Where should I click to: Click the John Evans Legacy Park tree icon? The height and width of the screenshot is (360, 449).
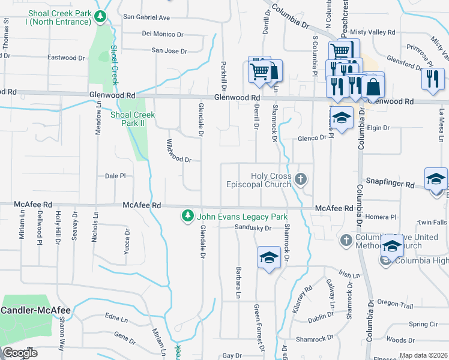click(x=188, y=215)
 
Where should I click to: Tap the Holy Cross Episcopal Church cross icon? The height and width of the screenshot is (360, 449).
click(x=301, y=179)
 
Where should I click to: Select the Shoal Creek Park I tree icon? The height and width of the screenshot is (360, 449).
click(x=102, y=17)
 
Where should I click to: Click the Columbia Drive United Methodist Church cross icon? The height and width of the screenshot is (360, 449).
click(x=346, y=240)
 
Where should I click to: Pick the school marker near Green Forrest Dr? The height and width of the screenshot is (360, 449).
click(x=269, y=258)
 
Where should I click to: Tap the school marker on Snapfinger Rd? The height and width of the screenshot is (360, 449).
click(x=436, y=179)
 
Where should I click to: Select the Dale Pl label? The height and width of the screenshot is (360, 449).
click(x=115, y=176)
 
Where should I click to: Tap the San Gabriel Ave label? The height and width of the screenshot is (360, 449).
click(x=146, y=17)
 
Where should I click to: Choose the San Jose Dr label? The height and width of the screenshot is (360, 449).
click(x=170, y=51)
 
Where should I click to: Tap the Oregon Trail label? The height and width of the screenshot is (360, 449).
click(x=395, y=306)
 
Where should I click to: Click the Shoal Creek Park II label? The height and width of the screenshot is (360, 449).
click(x=133, y=119)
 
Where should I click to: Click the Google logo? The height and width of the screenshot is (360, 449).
click(x=20, y=353)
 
